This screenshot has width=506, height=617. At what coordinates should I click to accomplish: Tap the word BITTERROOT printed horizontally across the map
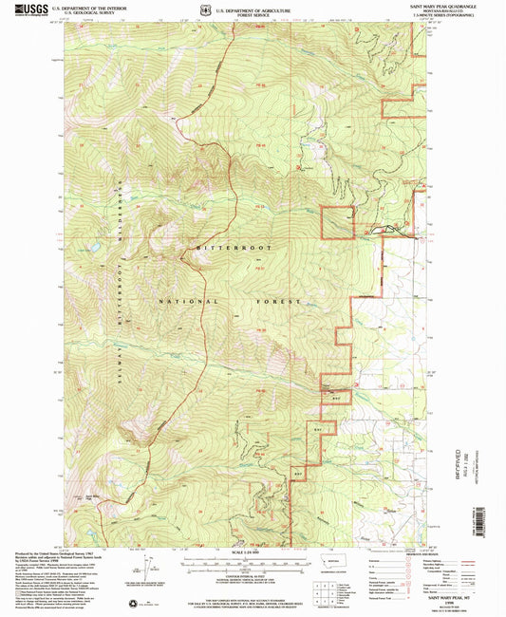[x=227, y=246]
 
